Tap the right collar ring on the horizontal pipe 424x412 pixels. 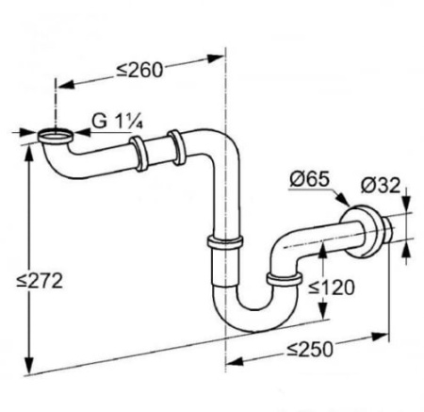click(176, 144)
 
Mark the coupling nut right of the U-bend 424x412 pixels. click(280, 278)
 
